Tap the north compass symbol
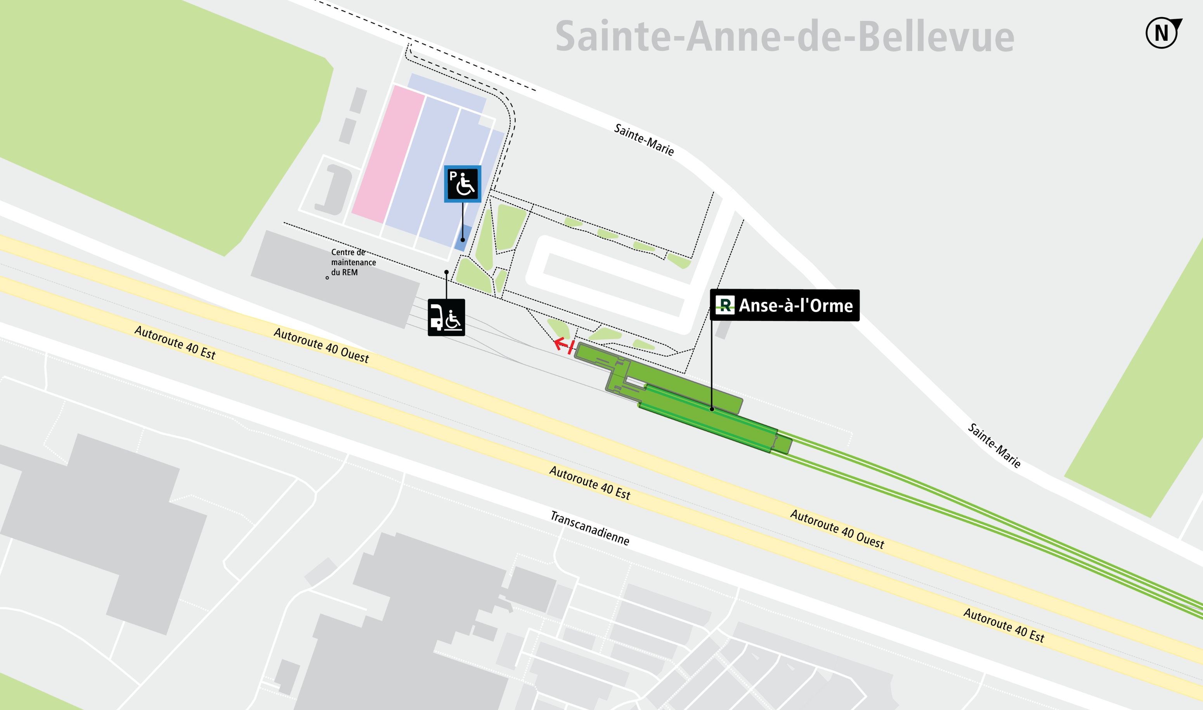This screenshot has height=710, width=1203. tap(1162, 33)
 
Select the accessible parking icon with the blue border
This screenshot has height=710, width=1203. tap(462, 184)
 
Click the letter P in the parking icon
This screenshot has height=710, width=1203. tap(453, 176)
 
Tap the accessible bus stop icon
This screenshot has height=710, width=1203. tap(446, 317)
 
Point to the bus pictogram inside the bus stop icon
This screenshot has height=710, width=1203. tap(437, 317)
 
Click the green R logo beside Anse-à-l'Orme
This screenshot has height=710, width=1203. tap(725, 305)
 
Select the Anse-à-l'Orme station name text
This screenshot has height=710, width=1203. tap(796, 306)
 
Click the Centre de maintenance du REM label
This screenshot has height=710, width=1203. tap(353, 262)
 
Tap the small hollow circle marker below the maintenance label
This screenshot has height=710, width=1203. tap(327, 277)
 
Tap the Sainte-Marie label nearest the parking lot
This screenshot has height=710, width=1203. tap(644, 140)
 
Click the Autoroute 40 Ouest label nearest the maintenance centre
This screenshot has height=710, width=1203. tap(321, 345)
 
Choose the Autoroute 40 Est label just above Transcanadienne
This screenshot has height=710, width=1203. tap(589, 483)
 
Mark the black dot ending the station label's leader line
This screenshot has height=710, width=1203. tap(712, 409)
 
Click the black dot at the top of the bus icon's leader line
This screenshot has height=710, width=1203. tap(446, 272)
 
